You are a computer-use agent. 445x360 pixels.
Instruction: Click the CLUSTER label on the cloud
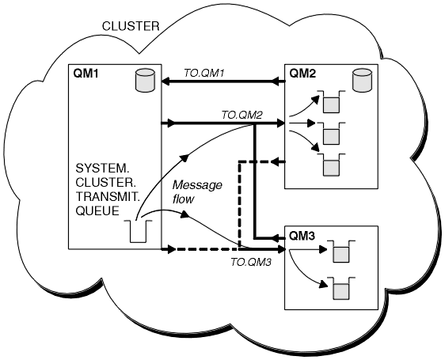click(131, 26)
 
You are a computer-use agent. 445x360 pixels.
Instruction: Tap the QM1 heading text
click(86, 74)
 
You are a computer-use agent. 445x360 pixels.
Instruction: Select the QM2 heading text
click(302, 74)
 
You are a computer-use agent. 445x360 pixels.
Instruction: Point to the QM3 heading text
click(302, 236)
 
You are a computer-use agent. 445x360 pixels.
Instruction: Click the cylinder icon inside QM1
click(145, 80)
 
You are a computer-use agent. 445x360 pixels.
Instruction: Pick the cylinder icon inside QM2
click(362, 80)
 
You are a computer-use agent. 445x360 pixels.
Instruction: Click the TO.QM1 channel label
click(204, 74)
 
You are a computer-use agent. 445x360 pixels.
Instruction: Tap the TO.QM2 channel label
click(242, 116)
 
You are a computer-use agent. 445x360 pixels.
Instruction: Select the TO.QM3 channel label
click(251, 263)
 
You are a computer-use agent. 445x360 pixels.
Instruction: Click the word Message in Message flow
click(197, 185)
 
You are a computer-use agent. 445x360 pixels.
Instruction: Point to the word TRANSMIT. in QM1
click(108, 196)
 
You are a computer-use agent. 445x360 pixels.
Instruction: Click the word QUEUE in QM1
click(97, 210)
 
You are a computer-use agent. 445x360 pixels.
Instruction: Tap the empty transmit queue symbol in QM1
click(139, 231)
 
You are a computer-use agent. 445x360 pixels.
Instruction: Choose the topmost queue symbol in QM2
click(331, 101)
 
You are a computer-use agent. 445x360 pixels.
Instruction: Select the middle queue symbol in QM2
click(331, 134)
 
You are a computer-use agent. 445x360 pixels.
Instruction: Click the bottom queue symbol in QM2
click(331, 165)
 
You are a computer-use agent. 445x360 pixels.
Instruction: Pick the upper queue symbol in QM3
click(341, 252)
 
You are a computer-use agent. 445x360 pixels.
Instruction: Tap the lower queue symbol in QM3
click(341, 288)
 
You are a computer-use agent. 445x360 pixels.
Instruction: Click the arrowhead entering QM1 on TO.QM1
click(165, 81)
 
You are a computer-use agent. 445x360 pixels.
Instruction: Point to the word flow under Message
click(183, 199)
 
